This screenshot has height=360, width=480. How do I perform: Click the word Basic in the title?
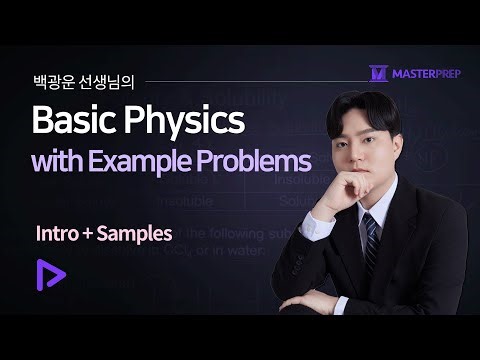[x=74, y=121]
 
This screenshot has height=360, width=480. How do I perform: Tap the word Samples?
[x=136, y=234]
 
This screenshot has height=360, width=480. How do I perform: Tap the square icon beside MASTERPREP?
[x=378, y=72]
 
